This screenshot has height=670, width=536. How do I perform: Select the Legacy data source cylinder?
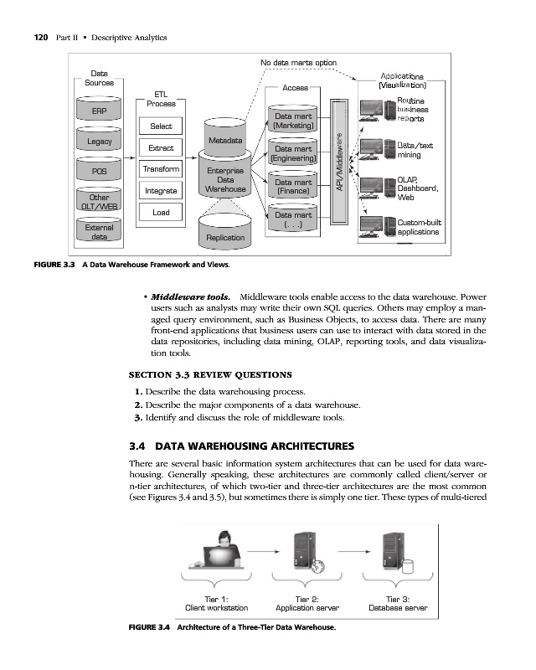tap(99, 142)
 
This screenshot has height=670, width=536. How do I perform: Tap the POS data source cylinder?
tap(99, 172)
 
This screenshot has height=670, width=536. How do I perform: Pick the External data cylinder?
tap(99, 231)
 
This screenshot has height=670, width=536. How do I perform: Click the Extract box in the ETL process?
tap(160, 147)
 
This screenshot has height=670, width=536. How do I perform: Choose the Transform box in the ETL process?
tap(160, 169)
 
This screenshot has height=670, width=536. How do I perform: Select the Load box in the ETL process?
tap(160, 213)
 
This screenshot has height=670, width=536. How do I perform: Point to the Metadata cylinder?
tap(224, 141)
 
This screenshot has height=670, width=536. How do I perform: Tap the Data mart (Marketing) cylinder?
tap(293, 121)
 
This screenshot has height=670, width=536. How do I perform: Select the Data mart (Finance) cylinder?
tap(293, 186)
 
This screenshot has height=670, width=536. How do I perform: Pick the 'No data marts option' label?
tap(299, 64)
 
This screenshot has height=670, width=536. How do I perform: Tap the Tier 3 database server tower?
tap(389, 551)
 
